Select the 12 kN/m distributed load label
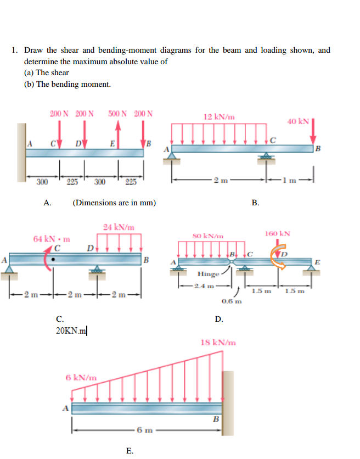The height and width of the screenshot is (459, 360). pyautogui.click(x=219, y=117)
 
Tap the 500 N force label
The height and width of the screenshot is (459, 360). pyautogui.click(x=117, y=114)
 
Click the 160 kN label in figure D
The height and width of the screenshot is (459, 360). pyautogui.click(x=277, y=233)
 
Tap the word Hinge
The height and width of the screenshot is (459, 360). pyautogui.click(x=209, y=273)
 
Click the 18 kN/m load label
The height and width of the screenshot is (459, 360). pyautogui.click(x=218, y=343)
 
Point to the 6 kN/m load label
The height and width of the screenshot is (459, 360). pyautogui.click(x=81, y=377)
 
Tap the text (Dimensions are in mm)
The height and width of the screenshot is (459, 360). pyautogui.click(x=114, y=203)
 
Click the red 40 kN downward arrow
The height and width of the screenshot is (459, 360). pyautogui.click(x=313, y=130)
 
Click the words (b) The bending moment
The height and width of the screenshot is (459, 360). pyautogui.click(x=67, y=84)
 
